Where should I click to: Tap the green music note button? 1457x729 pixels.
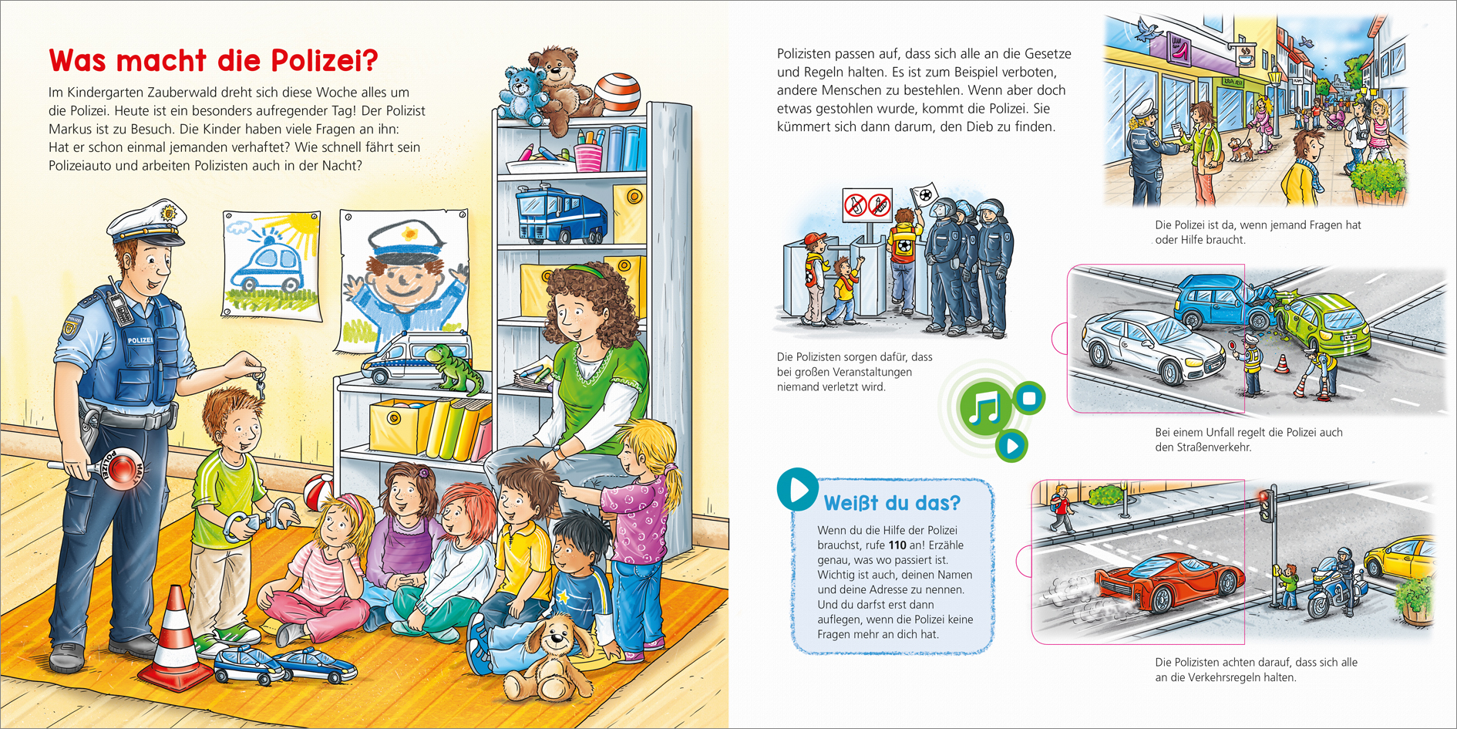point(984,407)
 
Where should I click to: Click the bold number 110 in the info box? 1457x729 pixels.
point(897,545)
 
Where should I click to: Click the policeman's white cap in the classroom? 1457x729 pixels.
point(146,222)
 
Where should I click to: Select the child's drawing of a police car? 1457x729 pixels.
point(272,264)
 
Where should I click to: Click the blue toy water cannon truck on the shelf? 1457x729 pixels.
point(560,214)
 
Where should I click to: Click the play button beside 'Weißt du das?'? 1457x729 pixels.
point(797,489)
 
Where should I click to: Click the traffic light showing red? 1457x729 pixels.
point(1264,505)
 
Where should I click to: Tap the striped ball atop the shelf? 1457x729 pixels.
point(617,93)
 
